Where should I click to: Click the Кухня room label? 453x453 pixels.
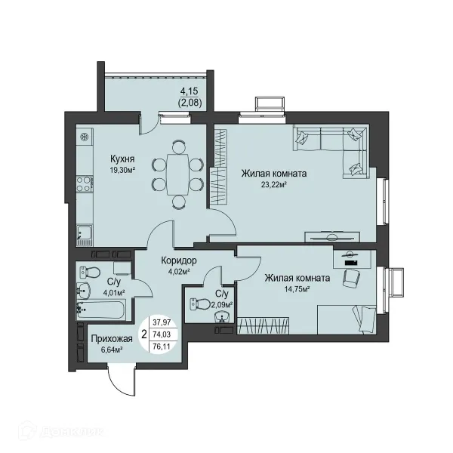tap(122, 159)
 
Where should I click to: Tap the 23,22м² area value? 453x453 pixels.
tap(273, 185)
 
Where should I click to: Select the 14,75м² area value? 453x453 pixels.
tap(297, 289)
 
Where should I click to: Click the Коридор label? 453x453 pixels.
tap(179, 260)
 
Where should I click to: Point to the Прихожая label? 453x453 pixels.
tap(112, 338)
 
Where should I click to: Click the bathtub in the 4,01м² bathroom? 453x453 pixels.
tap(101, 310)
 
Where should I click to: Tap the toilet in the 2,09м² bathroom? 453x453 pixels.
tap(200, 304)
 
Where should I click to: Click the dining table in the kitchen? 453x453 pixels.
tap(177, 175)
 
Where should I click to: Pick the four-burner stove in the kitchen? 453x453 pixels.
tap(85, 184)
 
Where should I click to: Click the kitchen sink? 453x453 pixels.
tap(84, 233)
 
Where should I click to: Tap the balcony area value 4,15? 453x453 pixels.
tap(190, 91)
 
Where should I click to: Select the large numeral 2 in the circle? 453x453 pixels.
tap(144, 334)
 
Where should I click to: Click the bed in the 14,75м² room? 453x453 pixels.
tap(347, 319)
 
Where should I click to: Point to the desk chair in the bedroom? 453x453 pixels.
tap(352, 278)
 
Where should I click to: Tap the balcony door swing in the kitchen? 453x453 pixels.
tap(149, 125)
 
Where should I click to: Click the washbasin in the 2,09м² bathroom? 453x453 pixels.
tap(222, 317)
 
